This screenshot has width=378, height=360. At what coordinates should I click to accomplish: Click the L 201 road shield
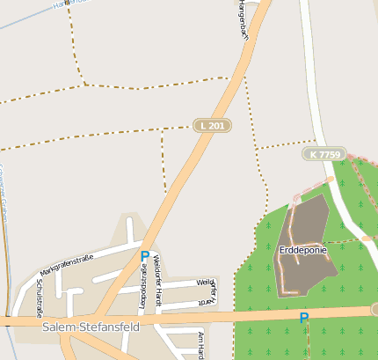(212, 126)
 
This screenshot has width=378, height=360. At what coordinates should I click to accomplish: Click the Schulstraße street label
(40, 298)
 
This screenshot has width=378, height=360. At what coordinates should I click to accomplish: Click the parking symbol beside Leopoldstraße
(145, 257)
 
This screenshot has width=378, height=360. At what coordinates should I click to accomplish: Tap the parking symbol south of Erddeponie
(304, 318)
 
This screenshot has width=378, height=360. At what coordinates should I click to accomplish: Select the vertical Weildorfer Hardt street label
(157, 278)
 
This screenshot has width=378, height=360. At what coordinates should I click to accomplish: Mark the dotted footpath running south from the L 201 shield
(163, 163)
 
